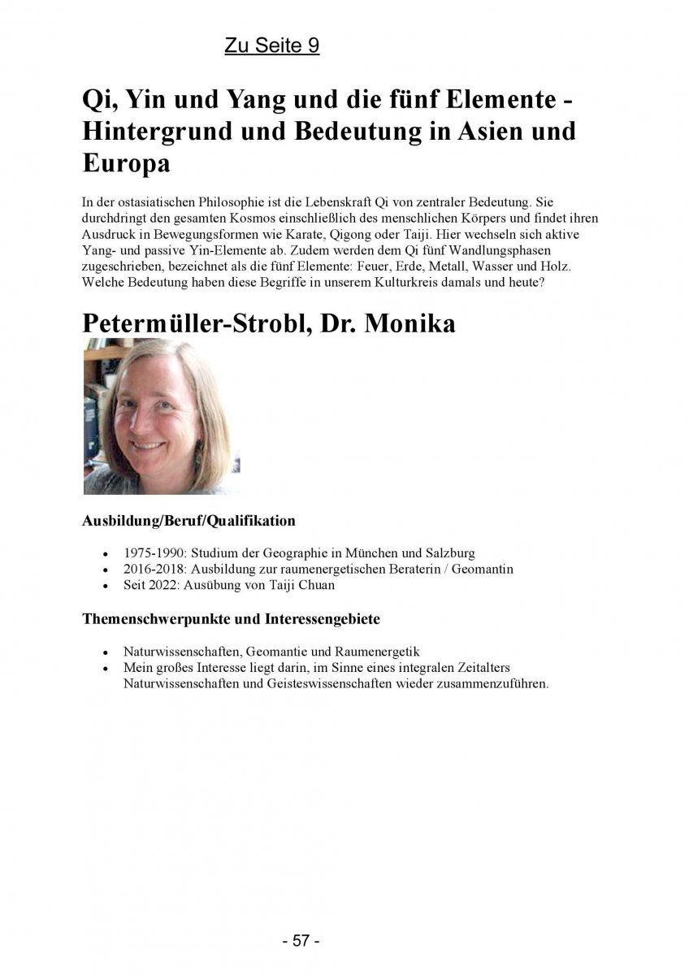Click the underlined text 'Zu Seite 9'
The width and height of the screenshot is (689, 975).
pyautogui.click(x=271, y=46)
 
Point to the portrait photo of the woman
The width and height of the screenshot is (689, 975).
pyautogui.click(x=161, y=416)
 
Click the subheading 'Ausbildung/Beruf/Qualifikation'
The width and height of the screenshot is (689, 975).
pyautogui.click(x=188, y=520)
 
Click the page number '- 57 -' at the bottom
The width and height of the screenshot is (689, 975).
pyautogui.click(x=301, y=940)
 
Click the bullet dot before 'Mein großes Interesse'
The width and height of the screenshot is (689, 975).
pyautogui.click(x=106, y=668)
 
